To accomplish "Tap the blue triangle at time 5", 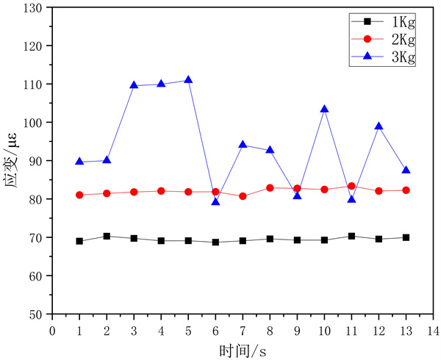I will [188, 79].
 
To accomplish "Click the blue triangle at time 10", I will [324, 109].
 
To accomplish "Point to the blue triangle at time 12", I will [379, 126].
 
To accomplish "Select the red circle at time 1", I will [79, 195].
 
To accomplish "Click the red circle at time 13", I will [406, 190].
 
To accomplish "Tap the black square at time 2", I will [107, 236].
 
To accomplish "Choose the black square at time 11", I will [351, 236].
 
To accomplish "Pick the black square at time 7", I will [243, 240].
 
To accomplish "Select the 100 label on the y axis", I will [35, 123].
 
